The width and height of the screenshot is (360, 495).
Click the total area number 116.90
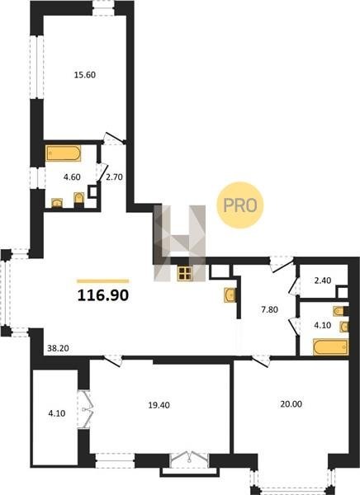103,295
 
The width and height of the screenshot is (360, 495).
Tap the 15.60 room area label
85,75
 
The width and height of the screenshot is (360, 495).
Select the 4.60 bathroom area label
72,177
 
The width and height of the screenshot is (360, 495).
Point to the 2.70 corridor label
114,177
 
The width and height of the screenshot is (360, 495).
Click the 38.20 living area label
58,348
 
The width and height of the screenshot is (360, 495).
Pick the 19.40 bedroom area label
159,405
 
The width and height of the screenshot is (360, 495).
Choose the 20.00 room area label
291,403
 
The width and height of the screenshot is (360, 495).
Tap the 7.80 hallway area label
269,309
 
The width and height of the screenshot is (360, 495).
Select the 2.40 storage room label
322,280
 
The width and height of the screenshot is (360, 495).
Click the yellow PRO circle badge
240,205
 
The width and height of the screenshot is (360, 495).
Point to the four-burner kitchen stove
185,273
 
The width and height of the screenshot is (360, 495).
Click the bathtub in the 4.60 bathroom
64,153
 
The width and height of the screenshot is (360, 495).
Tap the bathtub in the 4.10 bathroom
331,347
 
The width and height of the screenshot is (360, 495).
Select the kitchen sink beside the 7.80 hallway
230,295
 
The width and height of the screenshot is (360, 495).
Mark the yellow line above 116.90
103,281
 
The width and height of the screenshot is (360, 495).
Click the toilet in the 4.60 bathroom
79,200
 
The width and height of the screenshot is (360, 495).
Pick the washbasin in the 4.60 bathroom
57,203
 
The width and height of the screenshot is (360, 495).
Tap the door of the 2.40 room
294,285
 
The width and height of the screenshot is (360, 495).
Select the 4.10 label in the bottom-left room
57,413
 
